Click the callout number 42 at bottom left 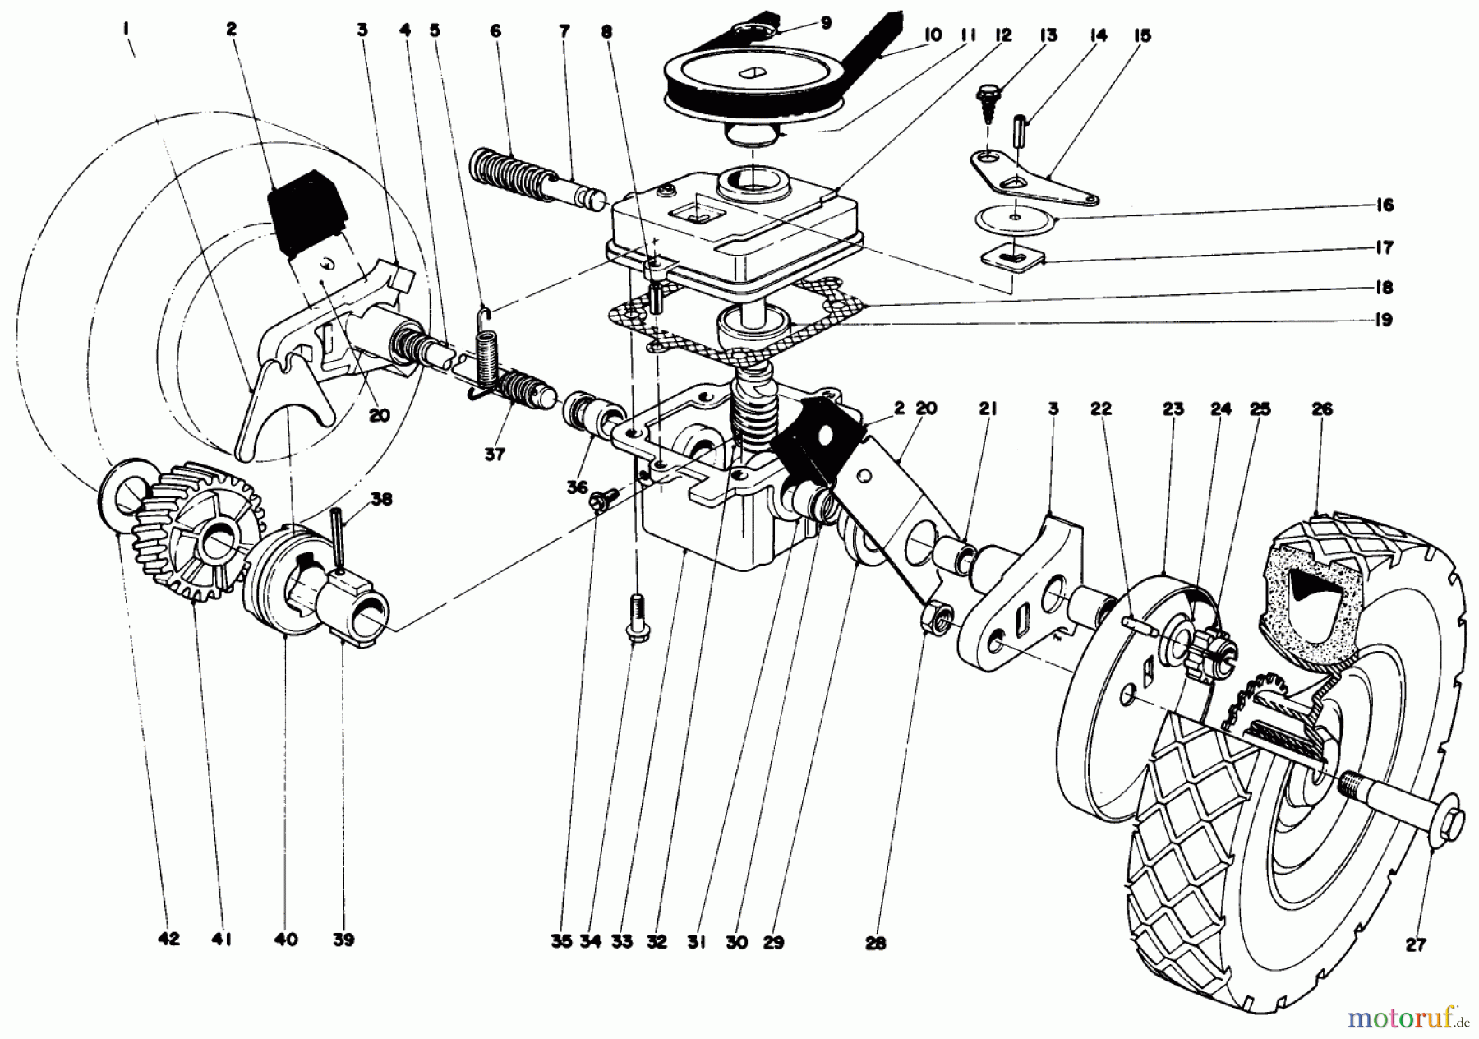[x=168, y=940]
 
